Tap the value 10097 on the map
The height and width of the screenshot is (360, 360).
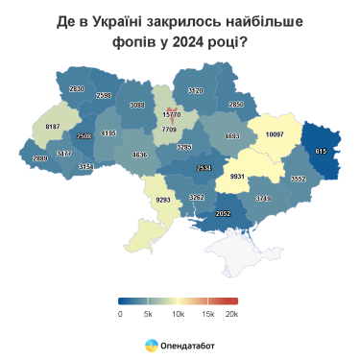pos(276,134)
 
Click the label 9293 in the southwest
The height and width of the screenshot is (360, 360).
pos(163,201)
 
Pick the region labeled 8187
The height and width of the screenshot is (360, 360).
pos(52,127)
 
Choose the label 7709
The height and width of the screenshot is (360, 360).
pos(169,129)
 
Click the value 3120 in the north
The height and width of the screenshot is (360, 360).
pos(195,90)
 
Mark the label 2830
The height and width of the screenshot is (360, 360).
pos(77,88)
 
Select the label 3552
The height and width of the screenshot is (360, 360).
pos(298,179)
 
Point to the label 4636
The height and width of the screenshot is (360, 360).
pos(140,155)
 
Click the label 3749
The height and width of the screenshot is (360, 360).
pos(264,198)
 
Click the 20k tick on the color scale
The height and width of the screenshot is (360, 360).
pos(230,313)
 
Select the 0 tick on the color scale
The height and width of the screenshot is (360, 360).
pos(120,313)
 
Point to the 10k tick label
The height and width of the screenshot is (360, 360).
pos(177,313)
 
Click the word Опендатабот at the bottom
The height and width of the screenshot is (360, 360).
pos(187,344)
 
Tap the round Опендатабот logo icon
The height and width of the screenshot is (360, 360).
pos(152,344)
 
